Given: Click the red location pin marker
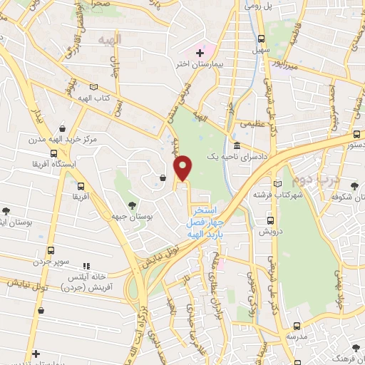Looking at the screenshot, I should (x=184, y=168).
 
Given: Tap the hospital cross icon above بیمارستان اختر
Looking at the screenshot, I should (x=200, y=53).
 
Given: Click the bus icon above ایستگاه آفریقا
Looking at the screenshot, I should (x=53, y=153).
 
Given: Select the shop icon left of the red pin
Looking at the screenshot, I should (x=163, y=178).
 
